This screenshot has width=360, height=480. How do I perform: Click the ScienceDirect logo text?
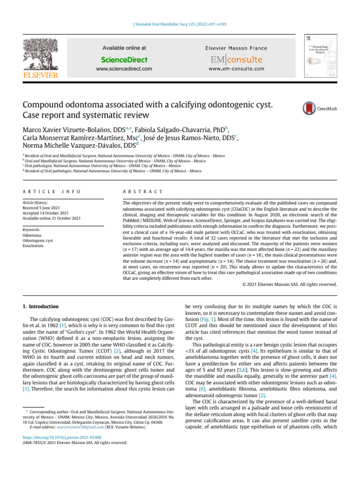[124, 60]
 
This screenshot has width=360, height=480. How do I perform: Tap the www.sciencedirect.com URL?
[124, 69]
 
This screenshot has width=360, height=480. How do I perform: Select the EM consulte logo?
[236, 60]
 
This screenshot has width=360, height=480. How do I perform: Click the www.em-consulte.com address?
[236, 69]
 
